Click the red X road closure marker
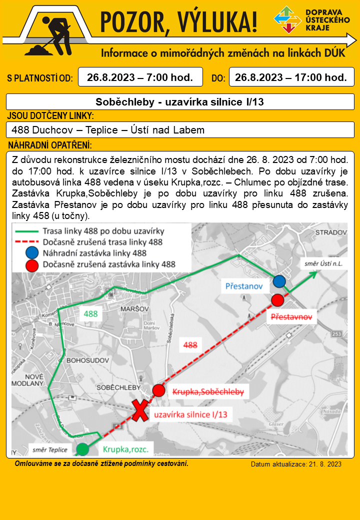[x=141, y=411]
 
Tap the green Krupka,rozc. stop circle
[x=83, y=449]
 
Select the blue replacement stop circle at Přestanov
[x=279, y=281]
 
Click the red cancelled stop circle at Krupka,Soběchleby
[x=158, y=390]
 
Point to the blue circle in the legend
[x=32, y=253]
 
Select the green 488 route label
[x=90, y=314]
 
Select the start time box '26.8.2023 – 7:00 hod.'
[x=140, y=77]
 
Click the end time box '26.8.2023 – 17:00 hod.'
[x=291, y=77]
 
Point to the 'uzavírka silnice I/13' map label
[x=190, y=414]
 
